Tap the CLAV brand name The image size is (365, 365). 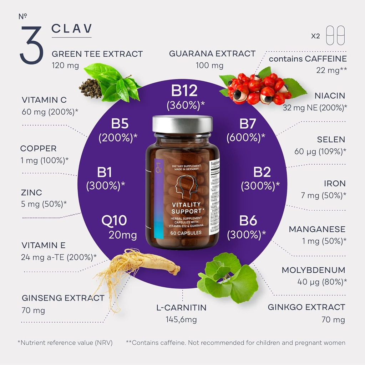pos(72,29)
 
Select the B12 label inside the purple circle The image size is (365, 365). pos(184,91)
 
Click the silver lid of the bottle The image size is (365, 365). pos(182,124)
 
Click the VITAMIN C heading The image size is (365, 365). pos(44,100)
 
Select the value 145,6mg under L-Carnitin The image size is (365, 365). pos(181,319)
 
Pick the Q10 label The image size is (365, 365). pos(114,220)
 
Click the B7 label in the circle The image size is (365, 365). pos(248,124)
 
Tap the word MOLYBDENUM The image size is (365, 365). pos(313,270)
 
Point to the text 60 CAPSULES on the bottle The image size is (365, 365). pos(186,233)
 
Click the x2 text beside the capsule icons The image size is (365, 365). pos(315,36)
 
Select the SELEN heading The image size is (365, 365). pos(331,139)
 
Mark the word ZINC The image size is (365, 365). pos(32,192)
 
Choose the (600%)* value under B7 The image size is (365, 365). pos(246,137)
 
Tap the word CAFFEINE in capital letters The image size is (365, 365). pos(326,59)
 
